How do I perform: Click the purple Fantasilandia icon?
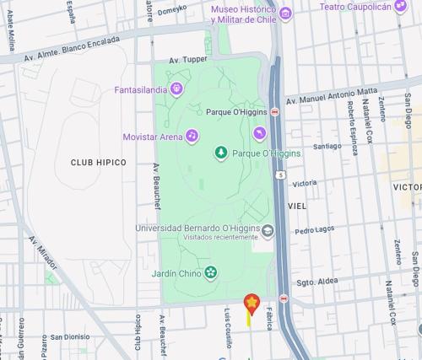[x=176, y=88]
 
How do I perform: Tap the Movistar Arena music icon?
[x=192, y=135]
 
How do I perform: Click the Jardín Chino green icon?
[x=210, y=272]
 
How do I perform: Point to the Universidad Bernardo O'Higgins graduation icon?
[x=268, y=228]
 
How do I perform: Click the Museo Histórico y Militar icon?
[x=285, y=13]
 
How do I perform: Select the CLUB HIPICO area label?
[x=98, y=162]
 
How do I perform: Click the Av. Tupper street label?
[x=187, y=60]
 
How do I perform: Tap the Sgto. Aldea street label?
[x=316, y=281]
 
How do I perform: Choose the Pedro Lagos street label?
[x=314, y=229]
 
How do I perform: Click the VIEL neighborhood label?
[x=297, y=206]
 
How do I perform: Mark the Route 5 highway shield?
[x=279, y=175]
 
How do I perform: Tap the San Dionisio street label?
[x=69, y=336]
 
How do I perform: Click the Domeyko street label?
[x=170, y=10]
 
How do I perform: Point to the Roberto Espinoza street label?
[x=352, y=127]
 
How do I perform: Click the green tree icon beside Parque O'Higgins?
[x=220, y=153]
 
